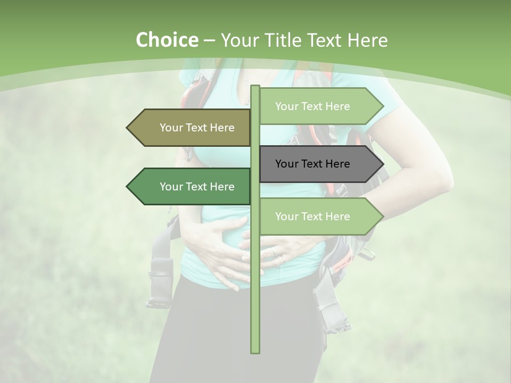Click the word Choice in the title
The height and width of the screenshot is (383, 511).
(167, 40)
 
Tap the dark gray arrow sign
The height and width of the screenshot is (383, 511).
(319, 164)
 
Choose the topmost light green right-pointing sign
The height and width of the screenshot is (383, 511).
(319, 106)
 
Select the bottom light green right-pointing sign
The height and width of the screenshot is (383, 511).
(319, 217)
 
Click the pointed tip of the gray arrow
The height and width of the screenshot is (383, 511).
(382, 164)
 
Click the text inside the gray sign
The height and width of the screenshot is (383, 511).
(312, 164)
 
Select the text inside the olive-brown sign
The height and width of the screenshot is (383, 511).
(197, 128)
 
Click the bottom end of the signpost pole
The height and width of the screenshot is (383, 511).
(256, 351)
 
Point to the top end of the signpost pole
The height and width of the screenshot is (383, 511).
(256, 87)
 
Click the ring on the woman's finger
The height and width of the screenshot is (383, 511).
(283, 259)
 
